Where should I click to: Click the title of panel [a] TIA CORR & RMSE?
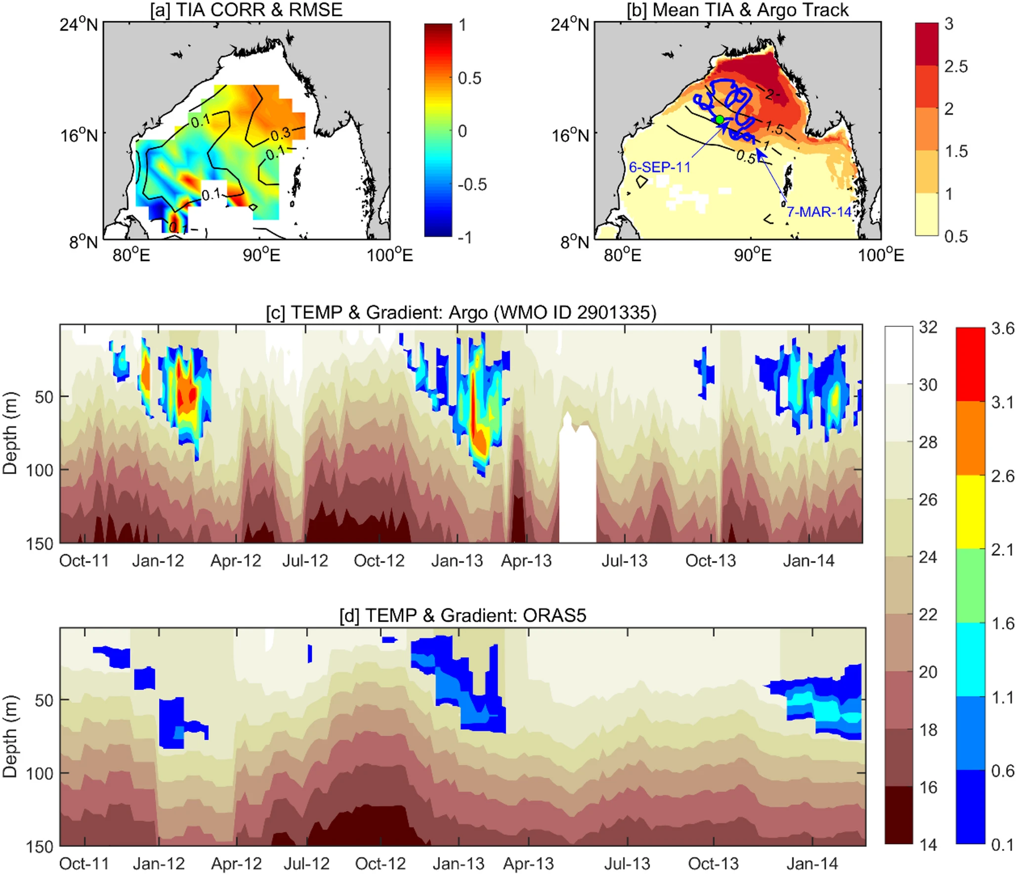pos(246,10)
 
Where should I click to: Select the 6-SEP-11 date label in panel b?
pos(659,167)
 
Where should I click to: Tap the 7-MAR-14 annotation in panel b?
pos(819,212)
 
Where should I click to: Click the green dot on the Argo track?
pos(720,120)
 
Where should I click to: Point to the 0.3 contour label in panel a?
pos(280,134)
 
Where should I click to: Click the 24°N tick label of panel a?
pos(79,24)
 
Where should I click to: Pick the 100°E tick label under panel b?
pos(881,255)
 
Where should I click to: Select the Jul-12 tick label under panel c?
pos(305,561)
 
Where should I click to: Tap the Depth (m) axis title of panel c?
pos(10,433)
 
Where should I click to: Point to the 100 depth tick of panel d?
pos(40,773)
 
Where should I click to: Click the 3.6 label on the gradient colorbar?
pos(1003,329)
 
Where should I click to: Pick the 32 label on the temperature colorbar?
pos(928,327)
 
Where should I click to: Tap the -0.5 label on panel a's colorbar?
pos(472,184)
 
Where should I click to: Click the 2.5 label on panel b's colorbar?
pos(956,66)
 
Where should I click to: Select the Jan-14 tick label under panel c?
pos(808,561)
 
